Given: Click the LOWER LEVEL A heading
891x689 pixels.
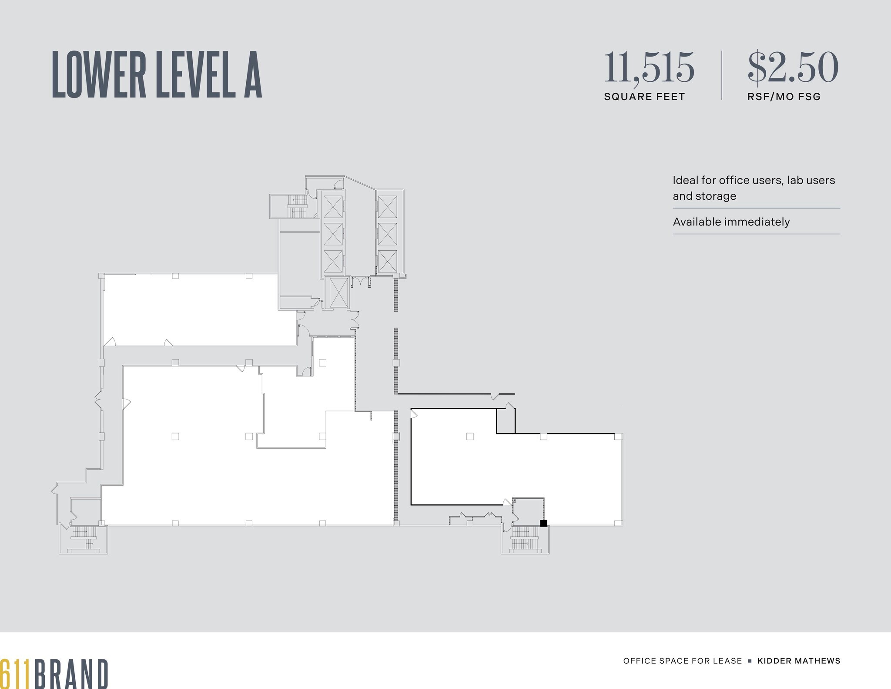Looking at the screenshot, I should point(157,74).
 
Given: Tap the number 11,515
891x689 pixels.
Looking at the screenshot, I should point(649,67).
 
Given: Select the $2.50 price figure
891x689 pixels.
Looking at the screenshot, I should point(793,67).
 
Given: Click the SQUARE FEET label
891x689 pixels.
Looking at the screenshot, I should point(644,97).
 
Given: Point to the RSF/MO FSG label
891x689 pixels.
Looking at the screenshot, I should point(784,97).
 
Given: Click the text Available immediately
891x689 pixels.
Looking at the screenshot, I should point(731,222).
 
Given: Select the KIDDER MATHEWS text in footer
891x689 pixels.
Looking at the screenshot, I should point(799,661).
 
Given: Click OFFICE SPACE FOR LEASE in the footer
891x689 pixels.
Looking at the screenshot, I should point(682,661).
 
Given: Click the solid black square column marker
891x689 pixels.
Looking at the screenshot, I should point(543,523).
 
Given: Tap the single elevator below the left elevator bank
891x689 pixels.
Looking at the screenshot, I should point(338,292).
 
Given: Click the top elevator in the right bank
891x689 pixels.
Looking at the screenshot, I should point(387,207).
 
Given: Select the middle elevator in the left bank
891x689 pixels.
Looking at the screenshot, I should point(333,234).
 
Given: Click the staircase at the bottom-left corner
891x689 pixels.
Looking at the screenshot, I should point(84,538).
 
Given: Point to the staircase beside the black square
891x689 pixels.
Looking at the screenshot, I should point(525,538).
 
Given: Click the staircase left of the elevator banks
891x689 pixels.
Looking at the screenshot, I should point(297,206).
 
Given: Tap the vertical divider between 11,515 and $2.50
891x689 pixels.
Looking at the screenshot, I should point(722,75).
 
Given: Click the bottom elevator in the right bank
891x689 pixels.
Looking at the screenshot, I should point(387,261).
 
